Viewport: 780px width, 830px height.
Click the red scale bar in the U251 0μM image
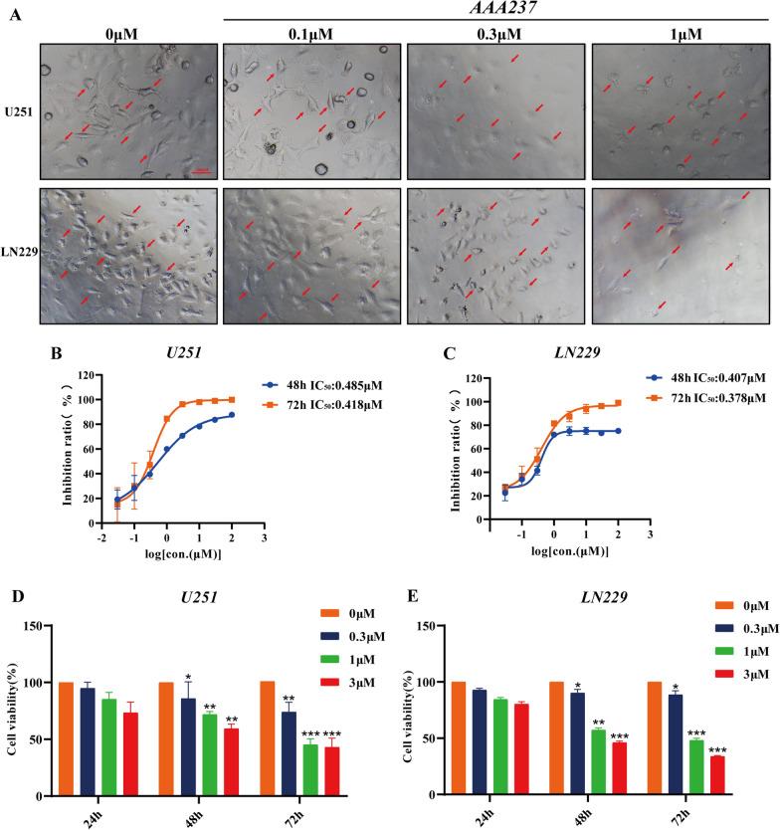199,171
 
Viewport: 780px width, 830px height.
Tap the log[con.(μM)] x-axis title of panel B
180,553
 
